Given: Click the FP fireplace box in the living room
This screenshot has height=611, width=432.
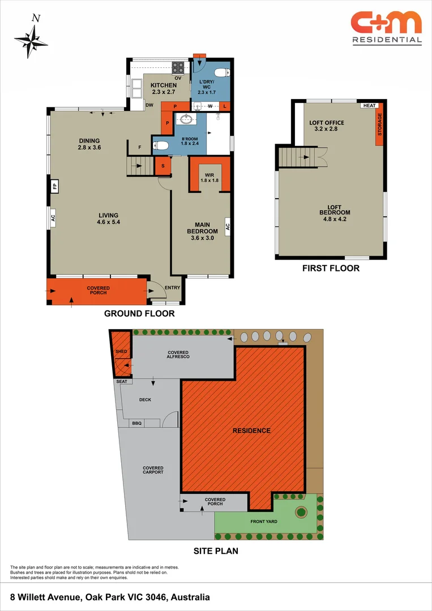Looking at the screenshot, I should pos(55,186).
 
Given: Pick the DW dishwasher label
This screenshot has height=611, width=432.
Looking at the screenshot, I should pos(149,105).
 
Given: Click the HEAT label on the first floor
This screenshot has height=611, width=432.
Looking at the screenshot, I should pos(369,106).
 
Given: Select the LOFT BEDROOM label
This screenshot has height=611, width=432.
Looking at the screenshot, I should pos(331,209).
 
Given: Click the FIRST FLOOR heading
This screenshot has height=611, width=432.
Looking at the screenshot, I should pos(331,268).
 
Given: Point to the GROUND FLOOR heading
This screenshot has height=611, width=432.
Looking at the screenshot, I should pos(139,313).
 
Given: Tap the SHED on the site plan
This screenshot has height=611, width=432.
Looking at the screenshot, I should pos(121,352).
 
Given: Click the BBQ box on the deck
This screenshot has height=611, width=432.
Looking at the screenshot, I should pos(136,423).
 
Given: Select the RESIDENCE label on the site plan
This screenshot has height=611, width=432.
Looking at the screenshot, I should pos(251,431).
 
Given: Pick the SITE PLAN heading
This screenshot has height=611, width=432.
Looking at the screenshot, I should pos(216,550).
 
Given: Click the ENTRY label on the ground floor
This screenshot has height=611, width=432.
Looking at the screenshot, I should pos(172,287).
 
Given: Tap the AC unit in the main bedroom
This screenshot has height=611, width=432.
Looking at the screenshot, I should pos(228,226).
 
